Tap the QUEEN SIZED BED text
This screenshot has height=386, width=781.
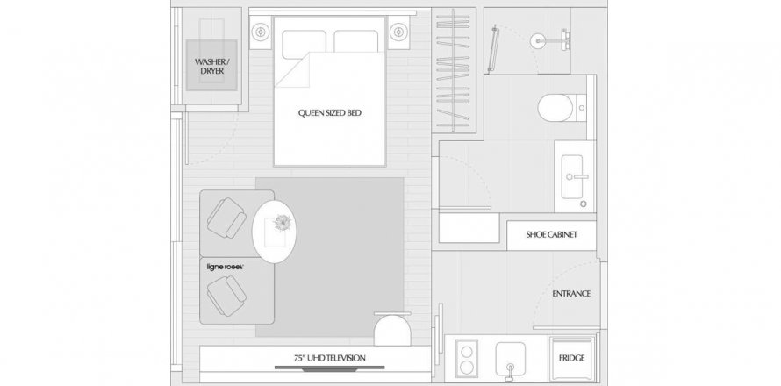pos(330,113)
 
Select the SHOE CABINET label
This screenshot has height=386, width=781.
pos(551,234)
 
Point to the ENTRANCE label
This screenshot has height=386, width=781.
pos(571,294)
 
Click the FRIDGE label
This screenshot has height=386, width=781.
pos(571,358)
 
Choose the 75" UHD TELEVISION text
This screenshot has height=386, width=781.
pos(329,358)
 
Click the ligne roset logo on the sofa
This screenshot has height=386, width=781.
pos(226,267)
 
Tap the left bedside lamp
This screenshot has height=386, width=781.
pos(260,32)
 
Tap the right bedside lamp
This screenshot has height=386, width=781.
pos(398,32)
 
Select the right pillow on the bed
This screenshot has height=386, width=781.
pos(355,41)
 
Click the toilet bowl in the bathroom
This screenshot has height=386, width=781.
pos(555,108)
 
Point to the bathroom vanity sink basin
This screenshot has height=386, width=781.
pos(572,177)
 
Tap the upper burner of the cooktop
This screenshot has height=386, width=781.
pos(467,352)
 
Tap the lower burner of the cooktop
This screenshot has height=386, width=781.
pos(467,368)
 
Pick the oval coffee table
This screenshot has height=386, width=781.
pos(275,232)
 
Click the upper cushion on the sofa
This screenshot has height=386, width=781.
pos(227,218)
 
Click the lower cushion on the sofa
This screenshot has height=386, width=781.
pos(227,297)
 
